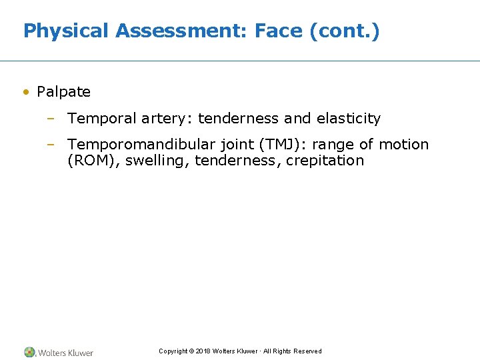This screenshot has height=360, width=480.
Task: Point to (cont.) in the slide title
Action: [x=345, y=31]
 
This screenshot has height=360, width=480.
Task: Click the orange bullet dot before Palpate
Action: [x=25, y=92]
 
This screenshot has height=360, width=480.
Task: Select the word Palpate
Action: [x=63, y=92]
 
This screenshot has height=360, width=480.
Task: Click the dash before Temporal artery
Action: [x=51, y=119]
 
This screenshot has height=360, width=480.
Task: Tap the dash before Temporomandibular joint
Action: [x=51, y=145]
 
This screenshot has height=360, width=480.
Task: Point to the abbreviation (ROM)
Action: [x=89, y=161]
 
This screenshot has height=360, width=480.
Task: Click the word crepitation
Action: [x=325, y=161]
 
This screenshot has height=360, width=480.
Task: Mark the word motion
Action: [x=403, y=145]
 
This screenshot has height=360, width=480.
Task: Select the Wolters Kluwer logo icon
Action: [x=29, y=352]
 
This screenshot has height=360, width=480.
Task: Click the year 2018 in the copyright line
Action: [x=203, y=351]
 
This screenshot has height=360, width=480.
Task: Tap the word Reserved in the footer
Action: [x=307, y=351]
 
